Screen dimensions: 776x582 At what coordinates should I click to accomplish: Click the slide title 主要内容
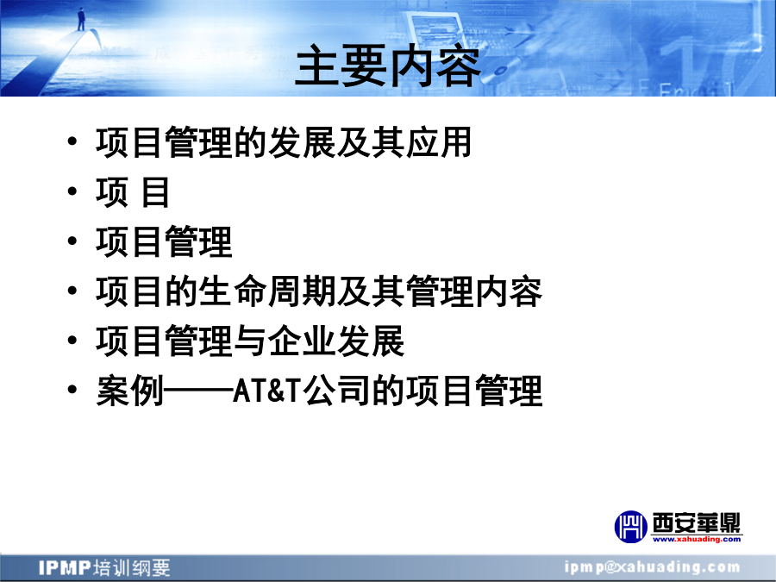coord(387,66)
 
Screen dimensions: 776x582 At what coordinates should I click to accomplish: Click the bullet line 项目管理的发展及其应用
coord(284,142)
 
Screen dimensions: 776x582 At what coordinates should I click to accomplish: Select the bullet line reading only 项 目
coord(133,192)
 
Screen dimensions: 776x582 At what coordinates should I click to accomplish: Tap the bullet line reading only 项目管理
coord(164,241)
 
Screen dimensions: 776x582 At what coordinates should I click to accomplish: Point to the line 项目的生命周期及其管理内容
coord(319,291)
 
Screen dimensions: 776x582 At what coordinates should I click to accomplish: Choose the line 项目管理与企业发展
coord(250,341)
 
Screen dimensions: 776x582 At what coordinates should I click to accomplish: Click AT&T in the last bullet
coord(266,391)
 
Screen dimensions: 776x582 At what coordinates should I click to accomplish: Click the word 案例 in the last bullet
coord(129,391)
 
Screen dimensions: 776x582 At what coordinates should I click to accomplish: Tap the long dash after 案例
coord(198,391)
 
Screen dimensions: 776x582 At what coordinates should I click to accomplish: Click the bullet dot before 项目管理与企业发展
coord(72,340)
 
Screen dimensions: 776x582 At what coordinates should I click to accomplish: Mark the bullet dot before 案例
coord(72,390)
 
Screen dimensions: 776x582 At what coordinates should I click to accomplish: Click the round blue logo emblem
coord(630,527)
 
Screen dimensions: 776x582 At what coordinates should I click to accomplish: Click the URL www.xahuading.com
coord(697,539)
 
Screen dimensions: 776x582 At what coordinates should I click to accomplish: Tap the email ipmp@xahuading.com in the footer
coord(653,567)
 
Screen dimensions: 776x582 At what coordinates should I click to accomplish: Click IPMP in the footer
coord(65,567)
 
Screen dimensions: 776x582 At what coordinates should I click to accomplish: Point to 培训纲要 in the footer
coord(132,567)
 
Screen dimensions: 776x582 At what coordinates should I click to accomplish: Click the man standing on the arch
coord(81,19)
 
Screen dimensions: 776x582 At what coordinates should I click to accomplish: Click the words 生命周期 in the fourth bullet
coord(266,291)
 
